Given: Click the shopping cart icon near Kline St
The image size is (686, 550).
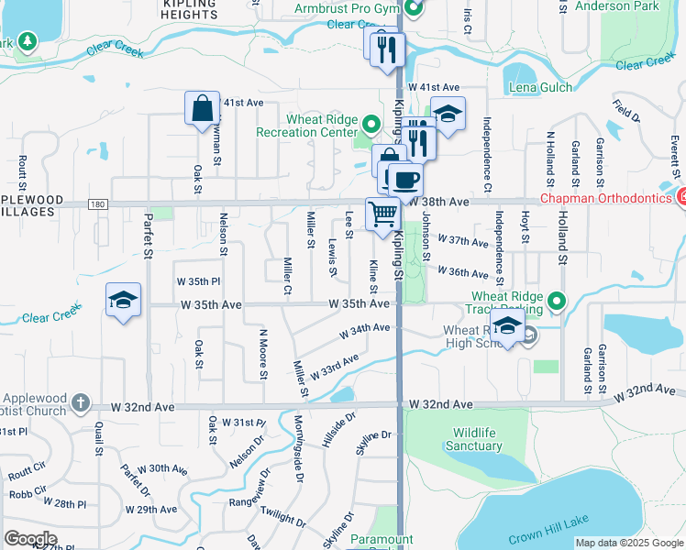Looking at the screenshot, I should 383,214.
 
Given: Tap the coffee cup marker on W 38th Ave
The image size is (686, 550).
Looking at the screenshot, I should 405,179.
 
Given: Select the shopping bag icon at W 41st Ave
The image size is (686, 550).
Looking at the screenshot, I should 202,109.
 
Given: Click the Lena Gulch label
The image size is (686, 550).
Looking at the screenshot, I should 540,88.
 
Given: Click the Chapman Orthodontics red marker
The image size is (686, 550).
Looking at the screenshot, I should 681,195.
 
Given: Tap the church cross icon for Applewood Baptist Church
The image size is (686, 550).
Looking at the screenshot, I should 81,401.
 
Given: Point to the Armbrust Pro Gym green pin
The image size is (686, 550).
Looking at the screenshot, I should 414,10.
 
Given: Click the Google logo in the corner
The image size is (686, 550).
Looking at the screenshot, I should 30,539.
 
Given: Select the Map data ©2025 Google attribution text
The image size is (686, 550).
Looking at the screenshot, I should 628,543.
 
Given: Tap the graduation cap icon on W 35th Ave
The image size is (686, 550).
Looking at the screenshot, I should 123,300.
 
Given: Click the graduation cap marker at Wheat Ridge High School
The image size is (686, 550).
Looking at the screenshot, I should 506,325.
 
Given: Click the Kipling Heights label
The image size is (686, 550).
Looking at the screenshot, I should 189,9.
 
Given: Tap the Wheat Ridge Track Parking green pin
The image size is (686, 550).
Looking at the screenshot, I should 556,301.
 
